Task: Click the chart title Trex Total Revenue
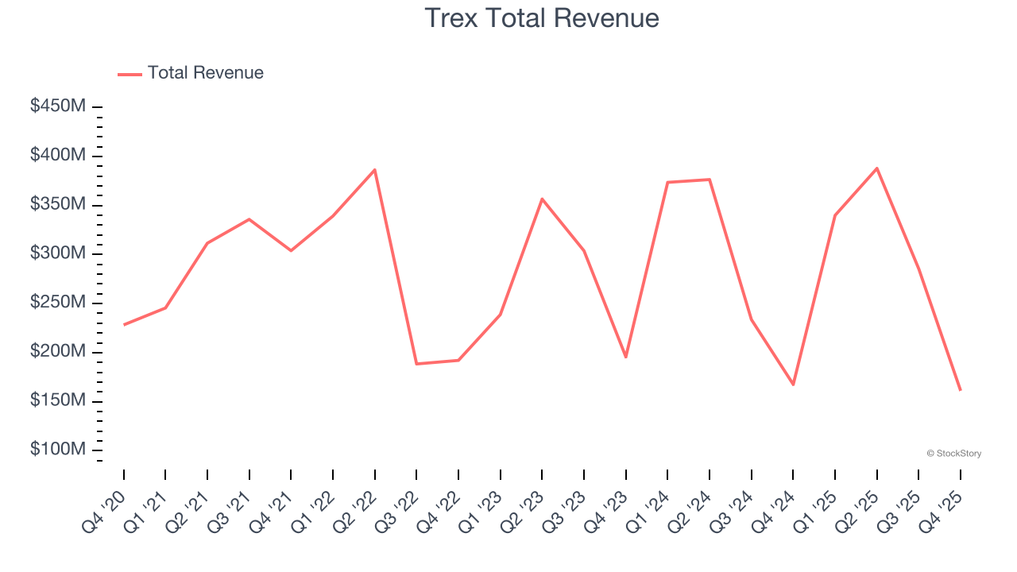click(542, 17)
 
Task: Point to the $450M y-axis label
click(57, 106)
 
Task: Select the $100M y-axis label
click(57, 450)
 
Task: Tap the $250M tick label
click(57, 303)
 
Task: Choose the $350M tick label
click(57, 204)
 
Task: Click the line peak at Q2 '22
click(375, 169)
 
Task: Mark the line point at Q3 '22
click(416, 364)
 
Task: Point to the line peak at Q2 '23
click(542, 199)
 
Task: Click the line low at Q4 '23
click(626, 357)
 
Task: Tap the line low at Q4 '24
click(793, 385)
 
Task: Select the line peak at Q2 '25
click(876, 168)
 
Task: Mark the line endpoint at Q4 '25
click(960, 390)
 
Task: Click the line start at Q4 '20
click(124, 325)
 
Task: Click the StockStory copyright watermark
click(953, 454)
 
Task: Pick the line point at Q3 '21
click(249, 219)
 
